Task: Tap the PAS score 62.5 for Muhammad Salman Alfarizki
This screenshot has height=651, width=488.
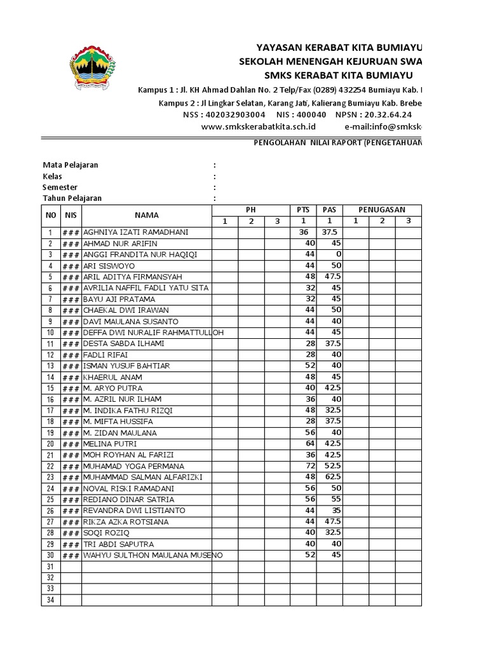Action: point(332,477)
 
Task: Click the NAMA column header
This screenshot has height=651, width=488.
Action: point(146,216)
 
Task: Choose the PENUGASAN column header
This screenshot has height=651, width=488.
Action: point(381,210)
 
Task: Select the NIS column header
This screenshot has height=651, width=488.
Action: point(71,216)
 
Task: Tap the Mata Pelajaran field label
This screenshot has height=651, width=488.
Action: point(71,165)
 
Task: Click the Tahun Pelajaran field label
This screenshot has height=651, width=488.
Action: point(72,198)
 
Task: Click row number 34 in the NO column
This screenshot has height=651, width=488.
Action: point(51,600)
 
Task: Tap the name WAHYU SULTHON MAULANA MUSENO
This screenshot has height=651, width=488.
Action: point(153,556)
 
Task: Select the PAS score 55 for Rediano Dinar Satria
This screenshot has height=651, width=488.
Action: point(334,500)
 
